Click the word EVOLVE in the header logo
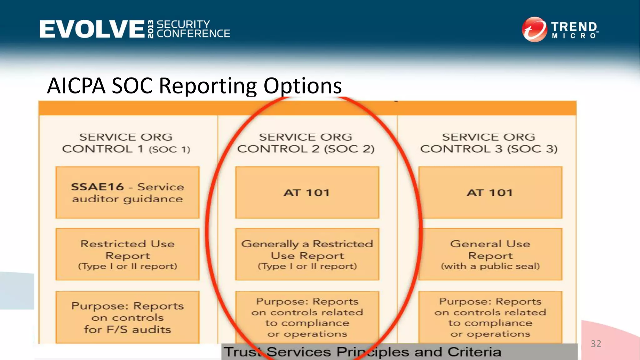[x=92, y=29]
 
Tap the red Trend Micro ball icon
[x=534, y=29]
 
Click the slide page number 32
[x=596, y=344]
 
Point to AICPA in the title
[x=76, y=86]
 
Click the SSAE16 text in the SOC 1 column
[x=97, y=187]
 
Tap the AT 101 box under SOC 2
[x=307, y=192]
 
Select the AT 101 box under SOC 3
[x=490, y=192]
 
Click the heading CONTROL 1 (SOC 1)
[x=126, y=149]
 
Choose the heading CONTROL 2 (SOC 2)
[x=306, y=149]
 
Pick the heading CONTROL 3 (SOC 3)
[x=488, y=149]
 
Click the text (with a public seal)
[x=490, y=266]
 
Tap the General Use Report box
[x=490, y=254]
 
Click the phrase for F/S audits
[x=127, y=330]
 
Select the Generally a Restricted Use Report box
[x=307, y=254]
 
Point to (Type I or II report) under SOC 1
[x=127, y=266]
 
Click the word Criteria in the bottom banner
[x=474, y=352]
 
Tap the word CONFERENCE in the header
[x=193, y=34]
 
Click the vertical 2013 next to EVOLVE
[x=151, y=29]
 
